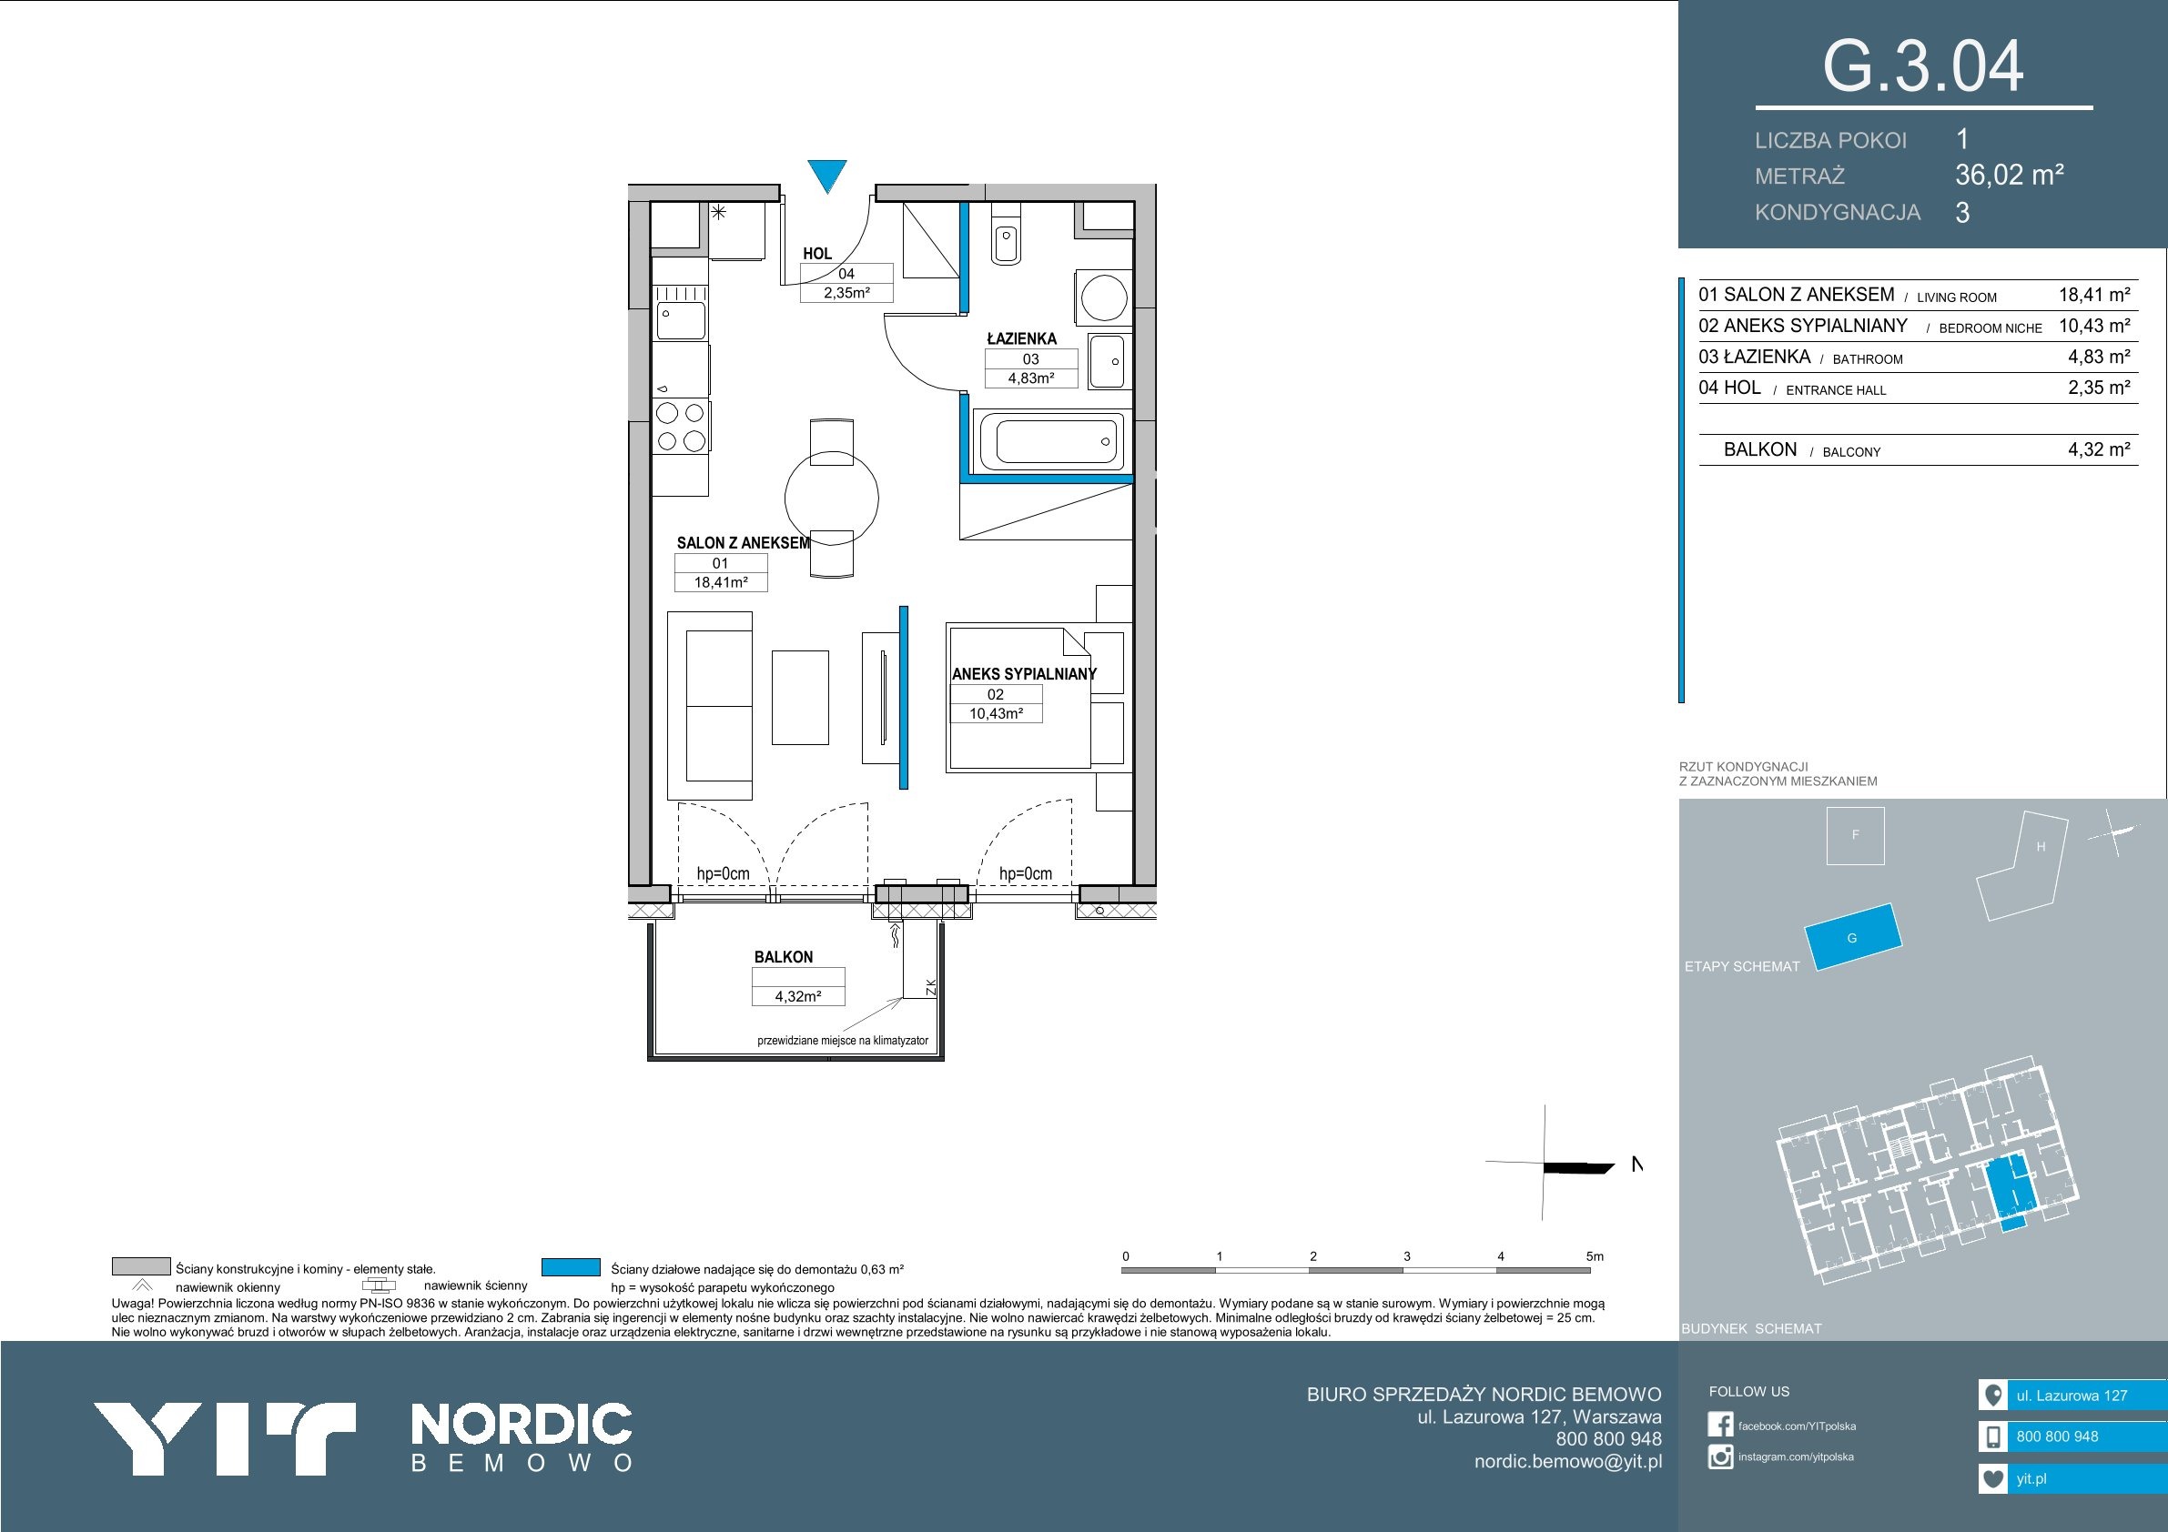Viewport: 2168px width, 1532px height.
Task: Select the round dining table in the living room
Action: (x=832, y=497)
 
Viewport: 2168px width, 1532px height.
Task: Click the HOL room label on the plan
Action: (x=817, y=253)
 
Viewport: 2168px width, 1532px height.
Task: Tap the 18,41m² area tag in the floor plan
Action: (x=721, y=582)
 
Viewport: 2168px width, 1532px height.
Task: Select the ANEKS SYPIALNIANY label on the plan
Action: (x=1025, y=674)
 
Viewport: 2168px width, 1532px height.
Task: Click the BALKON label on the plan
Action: (x=783, y=956)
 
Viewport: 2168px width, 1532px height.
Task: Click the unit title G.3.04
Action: (x=1922, y=66)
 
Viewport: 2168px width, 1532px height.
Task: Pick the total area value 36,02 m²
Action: (x=2010, y=175)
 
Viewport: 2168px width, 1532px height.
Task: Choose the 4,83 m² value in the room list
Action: (x=2099, y=357)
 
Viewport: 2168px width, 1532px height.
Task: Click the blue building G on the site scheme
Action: (x=1852, y=936)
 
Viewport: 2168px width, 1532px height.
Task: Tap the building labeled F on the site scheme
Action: (x=1856, y=835)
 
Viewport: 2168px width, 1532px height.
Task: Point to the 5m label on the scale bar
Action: (x=1595, y=1256)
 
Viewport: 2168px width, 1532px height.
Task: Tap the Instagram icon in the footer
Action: (x=1720, y=1457)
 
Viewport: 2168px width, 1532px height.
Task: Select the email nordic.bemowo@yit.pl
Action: (x=1568, y=1461)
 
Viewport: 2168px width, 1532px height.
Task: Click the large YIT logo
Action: (x=224, y=1438)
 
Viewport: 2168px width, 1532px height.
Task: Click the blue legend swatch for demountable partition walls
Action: (x=572, y=1266)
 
